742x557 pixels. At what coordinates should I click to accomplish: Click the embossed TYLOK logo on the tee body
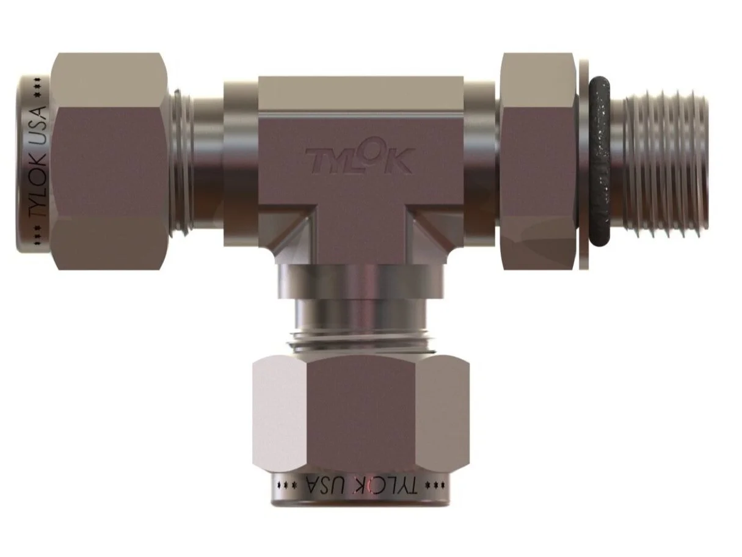pos(362,159)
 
